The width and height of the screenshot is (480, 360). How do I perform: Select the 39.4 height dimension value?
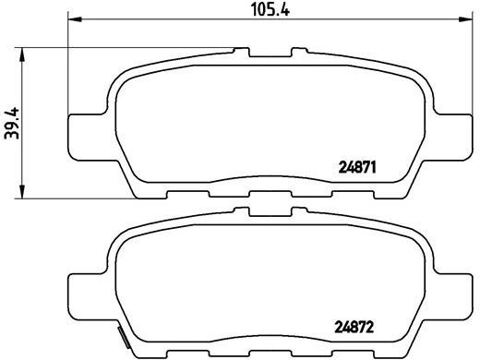point(11,120)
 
